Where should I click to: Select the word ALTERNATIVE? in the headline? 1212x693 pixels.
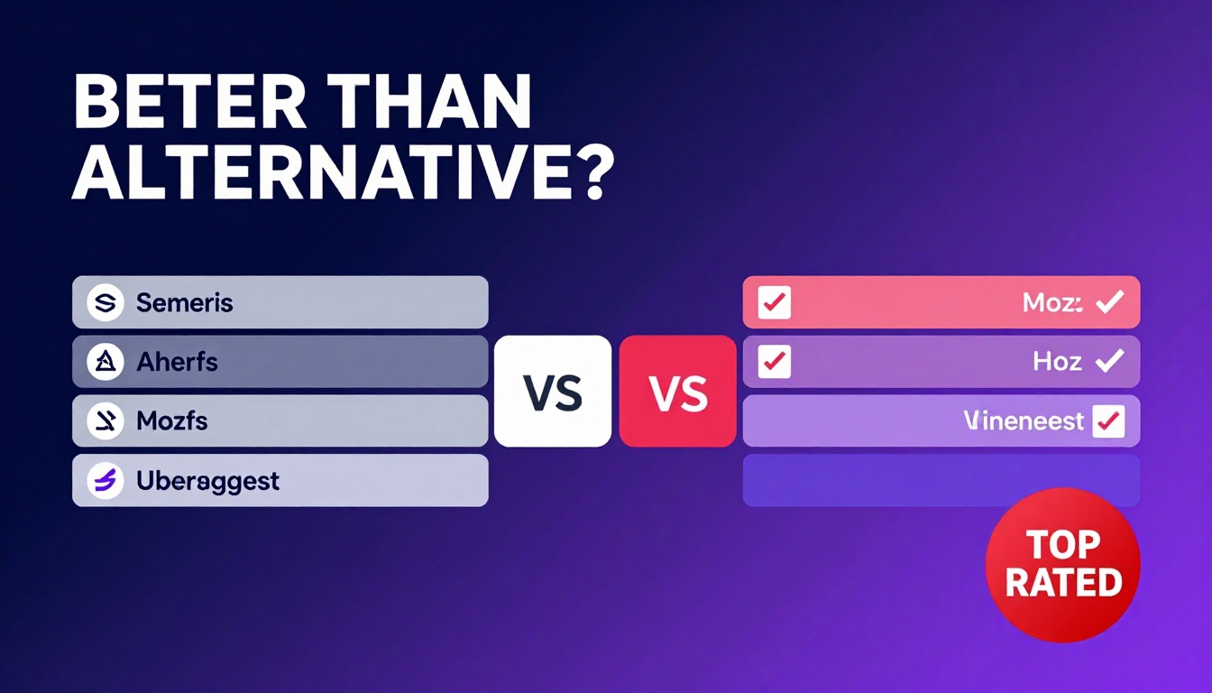click(x=343, y=176)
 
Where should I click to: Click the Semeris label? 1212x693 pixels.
click(x=185, y=302)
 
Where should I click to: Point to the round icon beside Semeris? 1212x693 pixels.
click(x=105, y=302)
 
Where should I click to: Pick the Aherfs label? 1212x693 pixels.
click(x=177, y=362)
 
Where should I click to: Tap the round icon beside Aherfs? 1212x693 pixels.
click(x=105, y=362)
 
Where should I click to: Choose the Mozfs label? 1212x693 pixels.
click(x=171, y=420)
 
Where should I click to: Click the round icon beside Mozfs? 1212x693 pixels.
click(x=105, y=420)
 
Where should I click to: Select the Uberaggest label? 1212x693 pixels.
click(x=207, y=481)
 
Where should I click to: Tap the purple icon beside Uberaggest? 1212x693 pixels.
click(x=105, y=481)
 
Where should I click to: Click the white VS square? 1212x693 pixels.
click(x=553, y=391)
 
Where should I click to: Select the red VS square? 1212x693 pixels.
click(x=678, y=391)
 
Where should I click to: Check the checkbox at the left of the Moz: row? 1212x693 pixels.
click(x=775, y=302)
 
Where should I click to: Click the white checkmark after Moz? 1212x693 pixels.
click(x=1108, y=302)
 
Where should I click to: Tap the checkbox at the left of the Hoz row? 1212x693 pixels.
click(x=775, y=362)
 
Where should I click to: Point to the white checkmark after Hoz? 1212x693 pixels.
click(x=1108, y=362)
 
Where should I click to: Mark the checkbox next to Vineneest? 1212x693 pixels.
click(x=1108, y=420)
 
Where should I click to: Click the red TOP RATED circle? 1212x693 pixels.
click(x=1063, y=564)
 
